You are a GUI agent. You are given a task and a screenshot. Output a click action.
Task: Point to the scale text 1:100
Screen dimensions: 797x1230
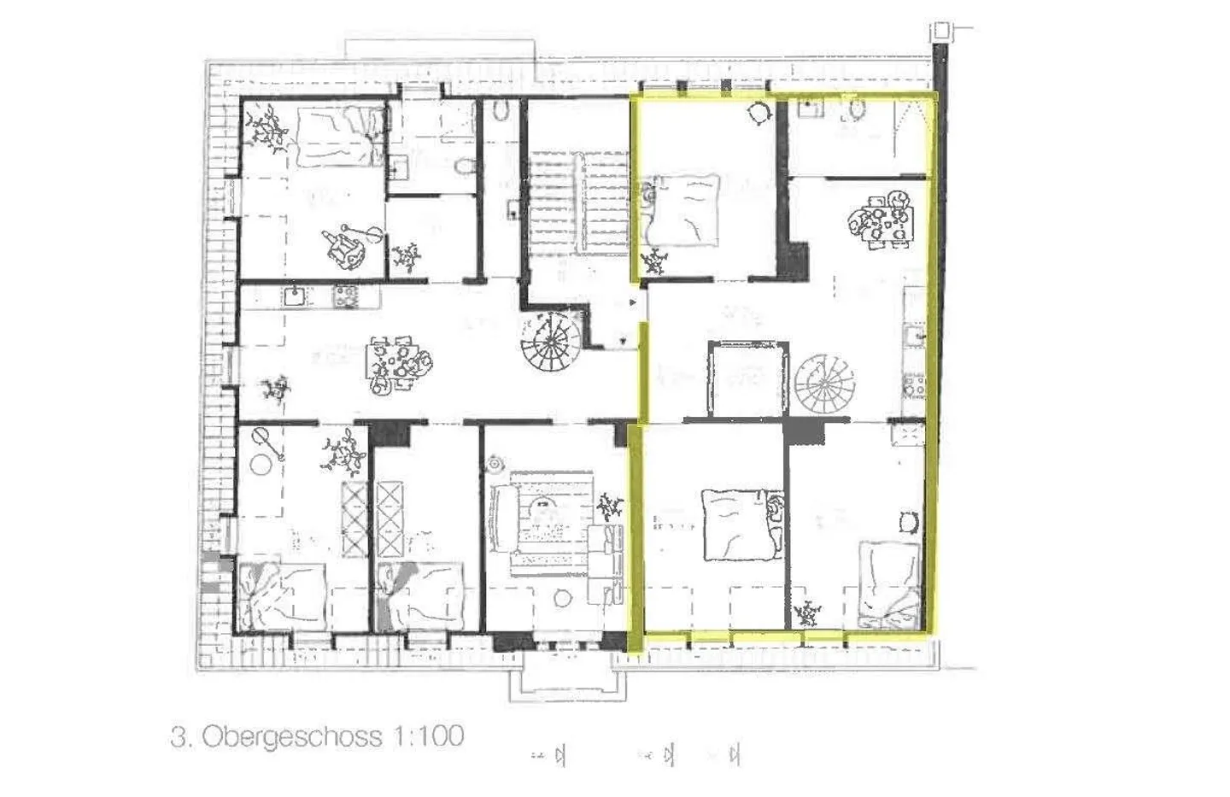(427, 735)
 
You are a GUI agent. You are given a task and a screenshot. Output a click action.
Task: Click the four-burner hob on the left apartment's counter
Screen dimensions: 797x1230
(346, 296)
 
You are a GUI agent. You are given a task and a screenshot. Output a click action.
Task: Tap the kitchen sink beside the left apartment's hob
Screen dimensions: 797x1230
(295, 296)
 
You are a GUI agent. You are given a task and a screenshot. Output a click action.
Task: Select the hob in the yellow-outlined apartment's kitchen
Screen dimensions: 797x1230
(913, 385)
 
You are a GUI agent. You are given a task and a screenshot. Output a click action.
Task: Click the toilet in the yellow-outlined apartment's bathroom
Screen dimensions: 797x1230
(857, 108)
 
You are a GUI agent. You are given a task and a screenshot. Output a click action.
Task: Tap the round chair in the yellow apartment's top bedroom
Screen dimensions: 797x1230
(758, 113)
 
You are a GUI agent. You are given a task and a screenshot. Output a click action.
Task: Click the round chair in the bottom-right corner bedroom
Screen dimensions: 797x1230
(908, 519)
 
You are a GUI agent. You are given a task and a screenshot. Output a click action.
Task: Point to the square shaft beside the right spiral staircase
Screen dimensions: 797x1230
(745, 378)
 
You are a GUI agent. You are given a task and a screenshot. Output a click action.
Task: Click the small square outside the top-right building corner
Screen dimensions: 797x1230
(940, 32)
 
